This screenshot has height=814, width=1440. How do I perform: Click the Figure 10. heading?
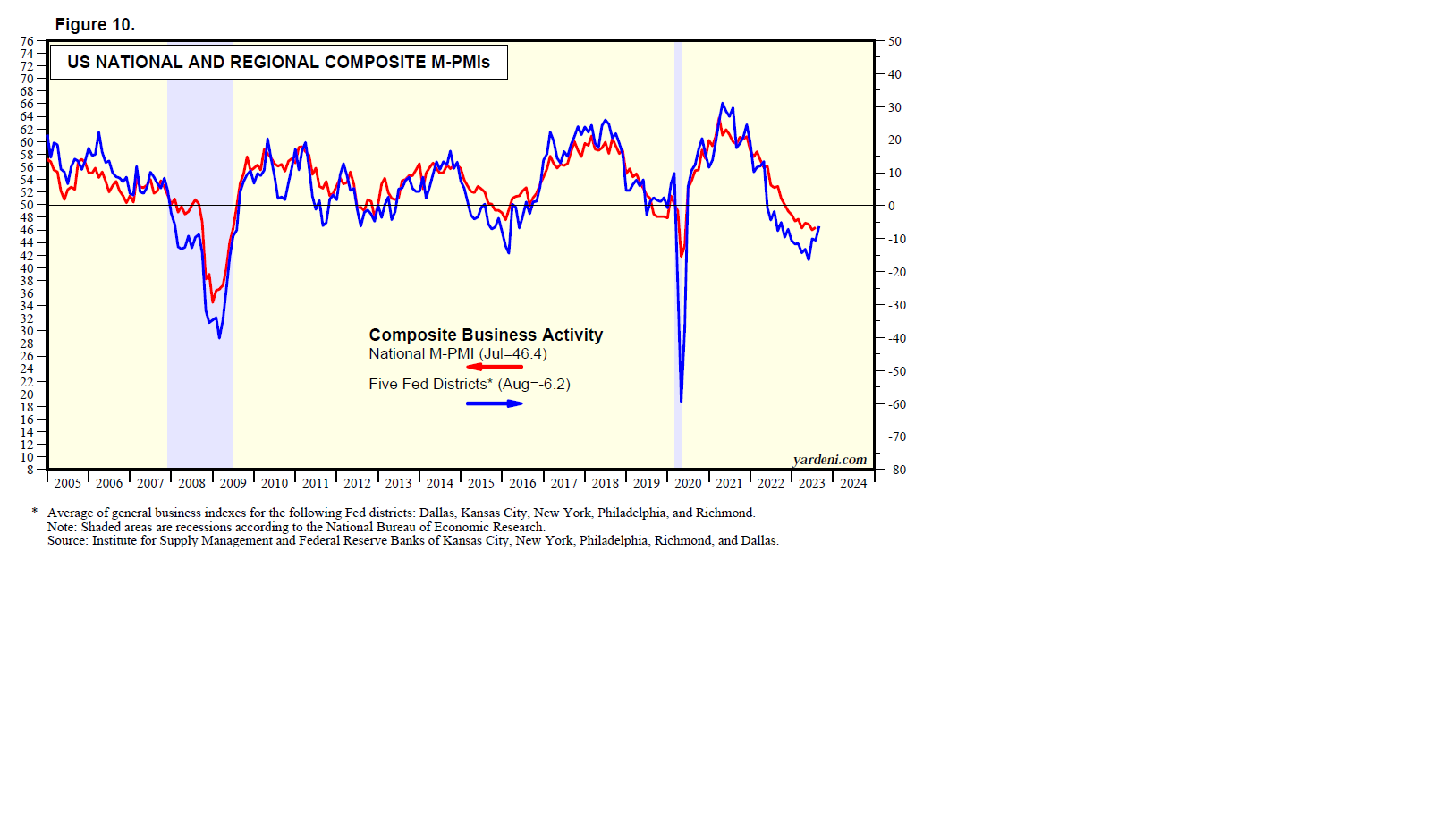coord(95,25)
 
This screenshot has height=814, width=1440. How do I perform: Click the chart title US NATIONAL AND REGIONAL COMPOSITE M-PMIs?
coord(278,63)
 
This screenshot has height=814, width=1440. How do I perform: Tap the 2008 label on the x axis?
coord(191,483)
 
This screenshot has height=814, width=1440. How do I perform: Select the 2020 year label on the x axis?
coord(688,483)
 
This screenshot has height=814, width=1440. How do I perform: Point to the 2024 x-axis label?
coord(853,483)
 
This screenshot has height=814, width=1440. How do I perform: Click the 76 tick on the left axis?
coord(27,41)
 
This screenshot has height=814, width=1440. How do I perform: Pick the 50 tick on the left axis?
coord(27,205)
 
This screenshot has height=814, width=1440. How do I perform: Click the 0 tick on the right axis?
coord(891,206)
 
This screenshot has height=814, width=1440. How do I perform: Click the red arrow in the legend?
coord(494,366)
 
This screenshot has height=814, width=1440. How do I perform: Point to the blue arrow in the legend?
coord(494,403)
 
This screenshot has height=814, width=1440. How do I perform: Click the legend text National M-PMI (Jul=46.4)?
coord(457,353)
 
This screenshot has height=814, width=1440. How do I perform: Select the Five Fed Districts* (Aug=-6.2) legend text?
coord(469,384)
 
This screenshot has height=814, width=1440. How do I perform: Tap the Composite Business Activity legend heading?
coord(486,335)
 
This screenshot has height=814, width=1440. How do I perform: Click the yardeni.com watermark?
coord(829,460)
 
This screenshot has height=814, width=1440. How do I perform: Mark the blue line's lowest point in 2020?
coord(682,401)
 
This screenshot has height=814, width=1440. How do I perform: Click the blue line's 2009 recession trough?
coord(219,336)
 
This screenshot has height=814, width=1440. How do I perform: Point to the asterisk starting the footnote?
coord(35,513)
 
